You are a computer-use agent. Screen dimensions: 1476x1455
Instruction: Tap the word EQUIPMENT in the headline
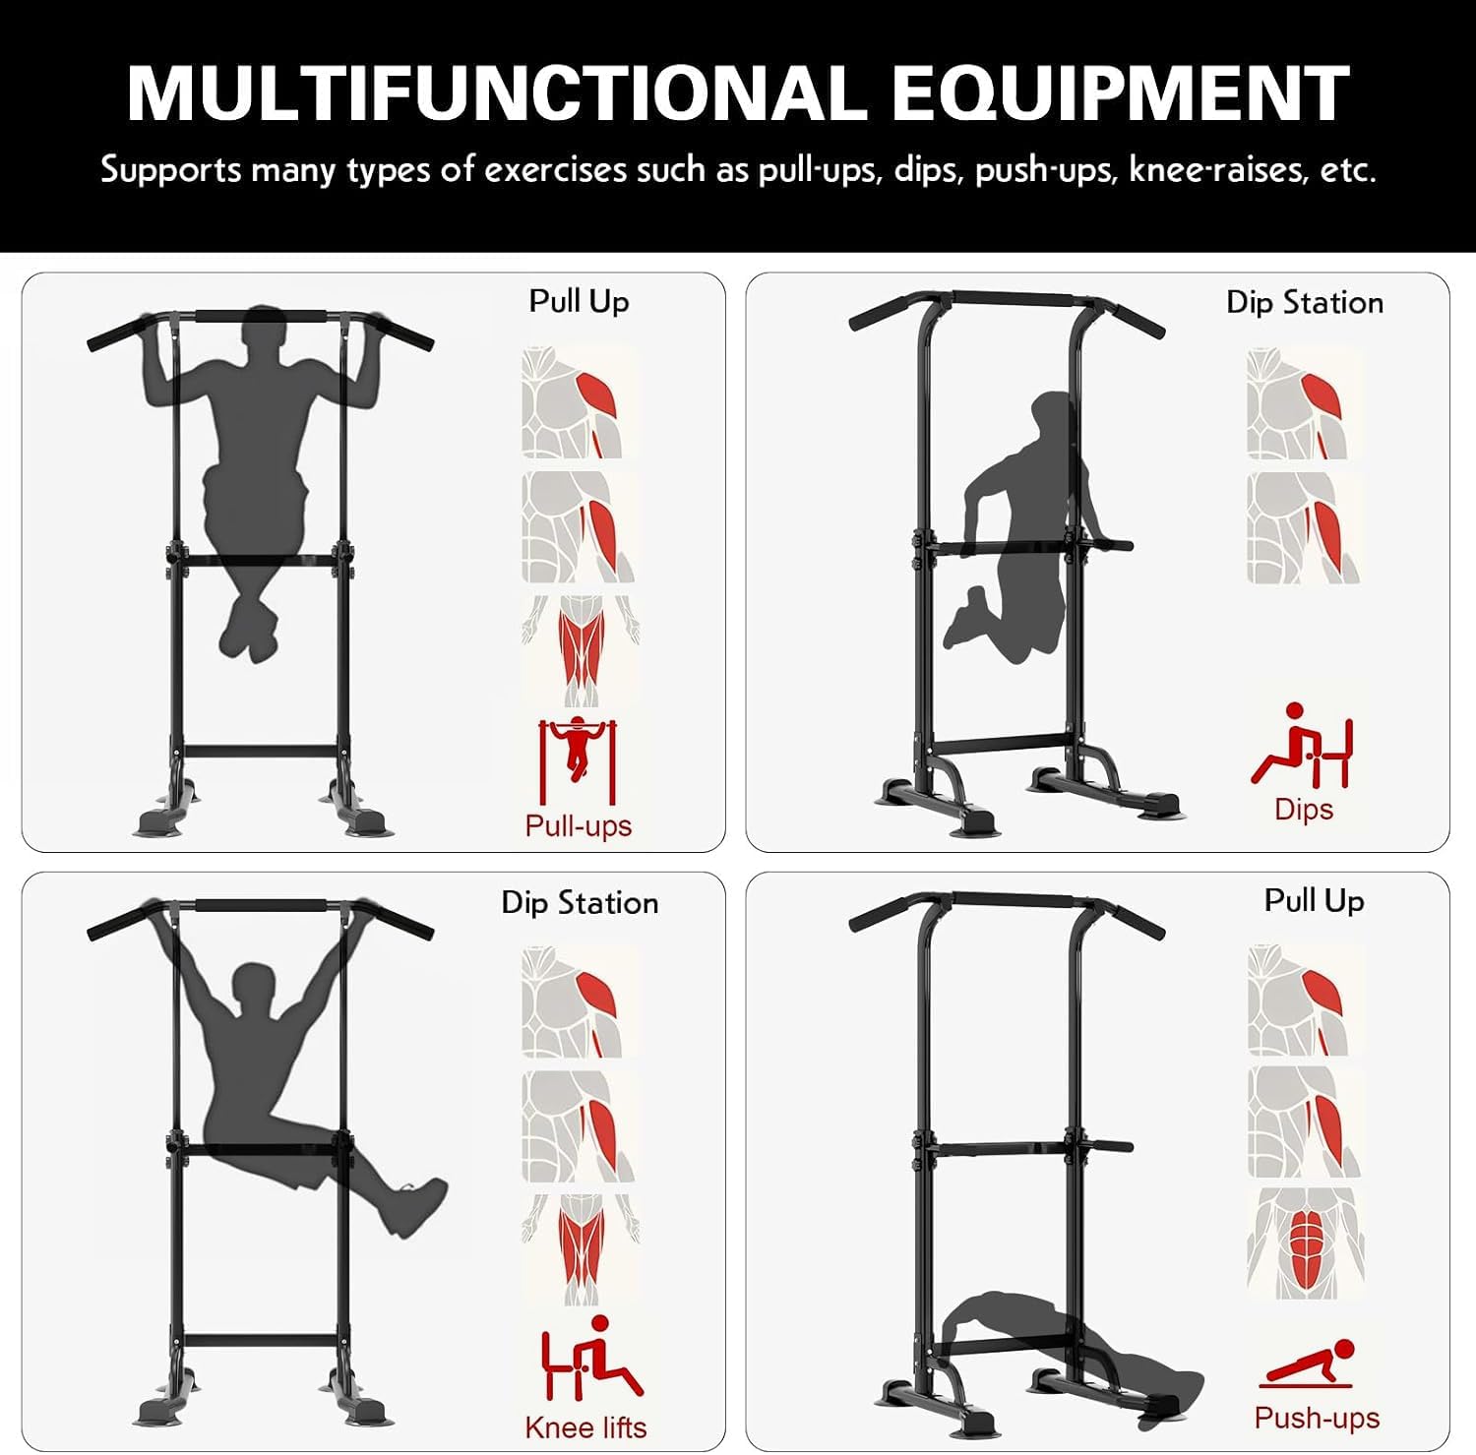tap(1121, 92)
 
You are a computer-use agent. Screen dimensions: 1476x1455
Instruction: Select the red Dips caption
tap(1304, 809)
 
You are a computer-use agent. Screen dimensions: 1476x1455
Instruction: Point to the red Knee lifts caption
tap(585, 1427)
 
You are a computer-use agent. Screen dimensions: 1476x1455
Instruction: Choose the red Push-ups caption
tap(1317, 1418)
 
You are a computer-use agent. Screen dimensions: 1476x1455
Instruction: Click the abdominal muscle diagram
tap(1306, 1243)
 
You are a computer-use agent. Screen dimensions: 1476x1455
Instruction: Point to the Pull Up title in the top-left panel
tap(579, 301)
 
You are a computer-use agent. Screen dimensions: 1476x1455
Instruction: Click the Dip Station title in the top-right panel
tap(1305, 302)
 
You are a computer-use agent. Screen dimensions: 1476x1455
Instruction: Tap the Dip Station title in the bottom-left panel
tap(580, 902)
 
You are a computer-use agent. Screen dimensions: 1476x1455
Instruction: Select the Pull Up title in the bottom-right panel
tap(1314, 900)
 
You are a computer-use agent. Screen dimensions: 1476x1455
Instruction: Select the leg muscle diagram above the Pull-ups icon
tap(580, 649)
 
